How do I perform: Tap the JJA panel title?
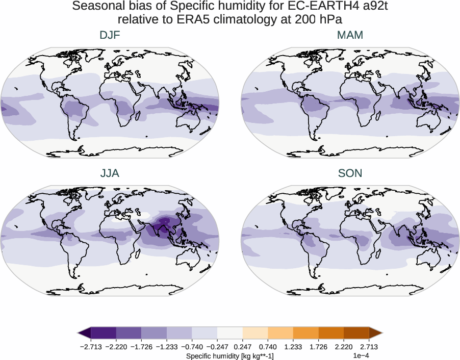[x=110, y=173]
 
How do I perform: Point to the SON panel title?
[x=350, y=173]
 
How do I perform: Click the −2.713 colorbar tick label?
[x=91, y=346]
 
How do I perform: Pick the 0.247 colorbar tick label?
[x=243, y=346]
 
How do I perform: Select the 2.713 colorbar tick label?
[x=369, y=346]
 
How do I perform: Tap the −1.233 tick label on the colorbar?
[x=167, y=346]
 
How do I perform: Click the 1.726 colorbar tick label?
[x=318, y=346]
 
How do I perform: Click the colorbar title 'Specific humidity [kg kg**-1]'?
[x=229, y=355]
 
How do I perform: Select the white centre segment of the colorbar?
[x=230, y=333]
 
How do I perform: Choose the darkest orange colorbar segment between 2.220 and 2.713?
[x=356, y=333]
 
